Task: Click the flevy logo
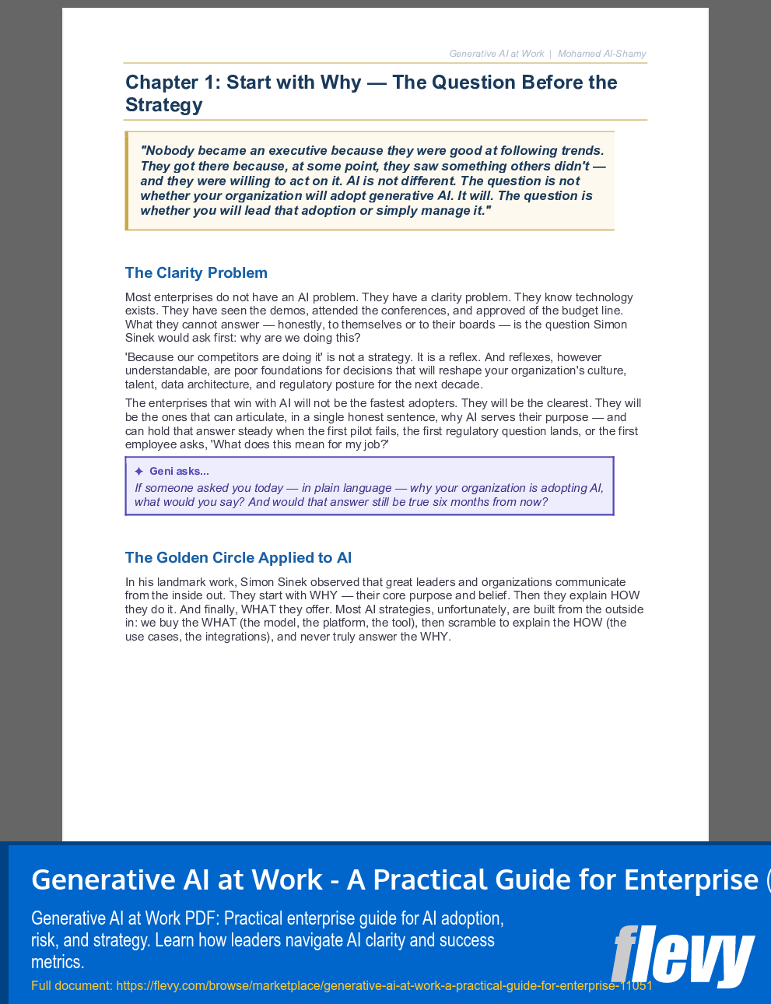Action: coord(682,955)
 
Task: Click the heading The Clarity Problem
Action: coord(196,273)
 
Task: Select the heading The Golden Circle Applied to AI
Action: coord(238,558)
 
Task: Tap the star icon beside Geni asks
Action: coord(138,472)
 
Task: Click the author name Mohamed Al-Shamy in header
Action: coord(601,54)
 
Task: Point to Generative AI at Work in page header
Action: coord(496,54)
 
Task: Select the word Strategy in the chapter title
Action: coord(164,105)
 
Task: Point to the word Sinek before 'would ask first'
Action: coord(141,338)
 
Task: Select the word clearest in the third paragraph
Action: coord(566,403)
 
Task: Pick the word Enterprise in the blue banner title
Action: coord(691,880)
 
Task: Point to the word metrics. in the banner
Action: coord(58,962)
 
